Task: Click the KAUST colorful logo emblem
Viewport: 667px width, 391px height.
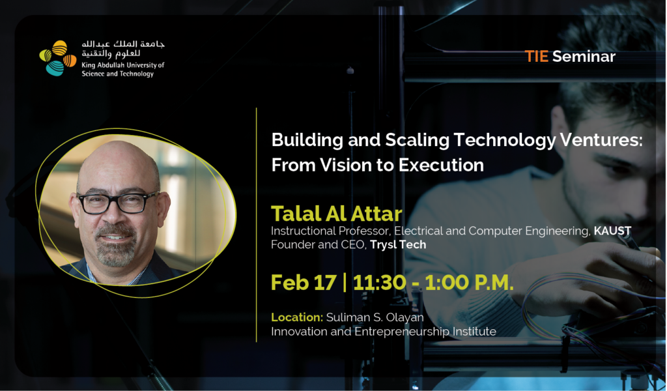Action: tap(58, 58)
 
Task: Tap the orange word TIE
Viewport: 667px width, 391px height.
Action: tap(536, 57)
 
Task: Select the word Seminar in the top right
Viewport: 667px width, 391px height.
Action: tap(584, 57)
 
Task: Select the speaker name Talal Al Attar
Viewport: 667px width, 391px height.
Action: tap(337, 214)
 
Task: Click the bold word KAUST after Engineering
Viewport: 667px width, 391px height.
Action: tap(612, 231)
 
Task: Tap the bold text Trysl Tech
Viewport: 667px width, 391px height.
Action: tap(398, 244)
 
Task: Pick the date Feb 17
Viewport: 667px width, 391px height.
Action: tap(304, 283)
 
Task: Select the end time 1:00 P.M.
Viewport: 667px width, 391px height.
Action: tap(469, 283)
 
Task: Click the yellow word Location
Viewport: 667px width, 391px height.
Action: tap(297, 317)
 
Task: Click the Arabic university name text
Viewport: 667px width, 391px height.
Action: tap(123, 49)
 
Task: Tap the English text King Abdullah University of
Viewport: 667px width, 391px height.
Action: tap(123, 65)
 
